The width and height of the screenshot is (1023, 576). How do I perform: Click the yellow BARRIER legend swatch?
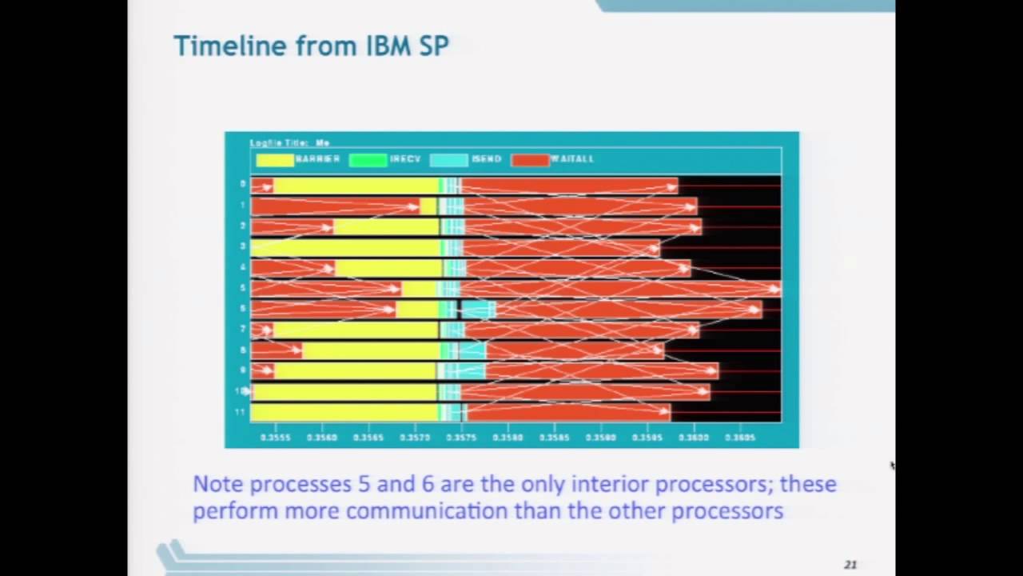point(274,160)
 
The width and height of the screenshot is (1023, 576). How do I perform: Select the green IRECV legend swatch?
point(368,160)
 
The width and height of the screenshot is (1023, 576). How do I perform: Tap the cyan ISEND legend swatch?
point(448,160)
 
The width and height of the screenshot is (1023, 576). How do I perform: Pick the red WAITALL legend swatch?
point(530,160)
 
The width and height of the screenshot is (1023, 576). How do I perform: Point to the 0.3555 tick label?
point(275,438)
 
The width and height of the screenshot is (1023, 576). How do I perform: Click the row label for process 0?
point(242,184)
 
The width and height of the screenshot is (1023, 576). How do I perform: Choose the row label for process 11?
point(239,412)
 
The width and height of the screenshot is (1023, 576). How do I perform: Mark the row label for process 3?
point(242,246)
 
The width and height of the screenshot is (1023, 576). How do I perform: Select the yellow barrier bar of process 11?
point(344,413)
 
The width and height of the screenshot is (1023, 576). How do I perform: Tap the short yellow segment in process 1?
point(428,206)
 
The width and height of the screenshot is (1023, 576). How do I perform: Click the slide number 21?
point(850,565)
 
